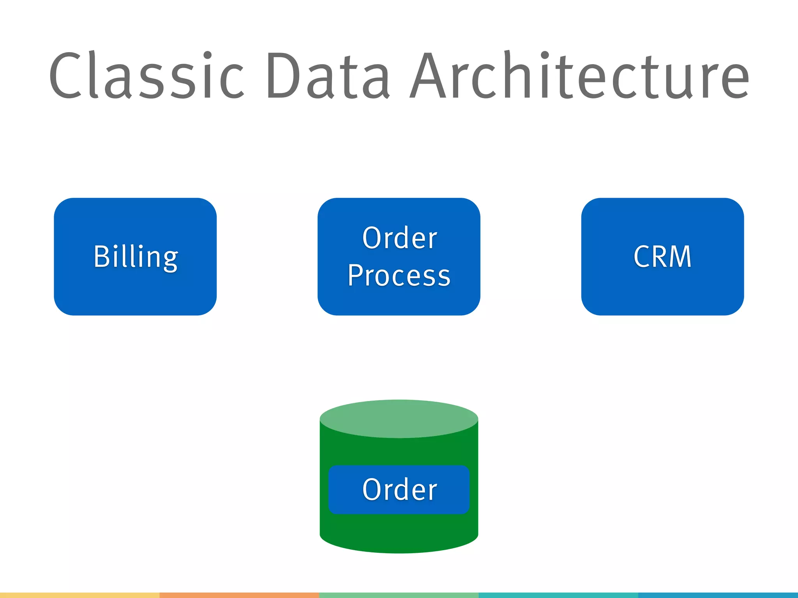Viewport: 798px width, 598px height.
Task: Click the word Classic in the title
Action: coord(146,76)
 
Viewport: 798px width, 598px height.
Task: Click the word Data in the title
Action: coord(327,76)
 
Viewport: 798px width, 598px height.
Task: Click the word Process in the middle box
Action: coord(399,275)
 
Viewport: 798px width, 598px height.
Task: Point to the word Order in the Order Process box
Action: coord(399,238)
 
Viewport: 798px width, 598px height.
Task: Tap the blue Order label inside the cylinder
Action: coord(399,489)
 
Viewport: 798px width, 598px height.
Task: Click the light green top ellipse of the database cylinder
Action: coord(399,419)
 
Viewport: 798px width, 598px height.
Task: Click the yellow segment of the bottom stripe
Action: coord(79,595)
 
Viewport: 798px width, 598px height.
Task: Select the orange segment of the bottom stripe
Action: coord(239,595)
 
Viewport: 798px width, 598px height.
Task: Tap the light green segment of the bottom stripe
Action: coord(399,595)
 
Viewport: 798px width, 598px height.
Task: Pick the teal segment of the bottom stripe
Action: coord(558,595)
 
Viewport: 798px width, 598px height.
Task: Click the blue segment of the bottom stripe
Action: coord(718,595)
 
